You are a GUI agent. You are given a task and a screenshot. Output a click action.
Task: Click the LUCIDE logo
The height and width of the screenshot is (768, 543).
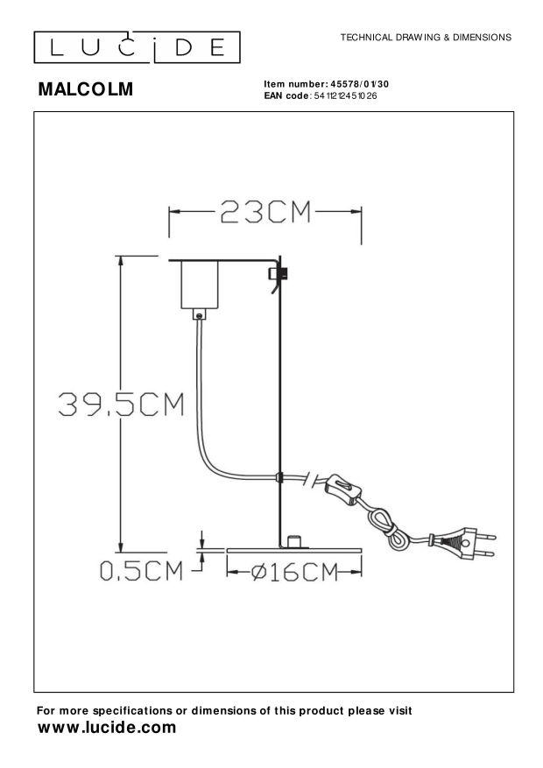[x=138, y=47]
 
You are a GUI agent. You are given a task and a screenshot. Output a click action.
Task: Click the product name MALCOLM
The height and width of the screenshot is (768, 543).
[x=86, y=89]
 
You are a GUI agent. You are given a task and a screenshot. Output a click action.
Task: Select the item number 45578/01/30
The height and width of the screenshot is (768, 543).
[x=360, y=84]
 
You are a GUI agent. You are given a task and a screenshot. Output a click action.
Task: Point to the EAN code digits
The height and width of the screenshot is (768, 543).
[x=346, y=96]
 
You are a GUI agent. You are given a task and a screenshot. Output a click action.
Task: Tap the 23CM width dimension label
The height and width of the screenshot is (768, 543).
[x=265, y=213]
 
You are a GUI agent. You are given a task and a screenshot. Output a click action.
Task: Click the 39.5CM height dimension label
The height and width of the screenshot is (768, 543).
[x=122, y=404]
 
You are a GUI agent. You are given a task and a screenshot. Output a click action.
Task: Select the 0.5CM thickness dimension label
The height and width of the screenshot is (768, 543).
[x=142, y=571]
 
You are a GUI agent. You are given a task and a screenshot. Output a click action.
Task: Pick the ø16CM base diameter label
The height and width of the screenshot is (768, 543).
[x=295, y=572]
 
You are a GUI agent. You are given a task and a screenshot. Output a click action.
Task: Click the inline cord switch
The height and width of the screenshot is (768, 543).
[x=345, y=489]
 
